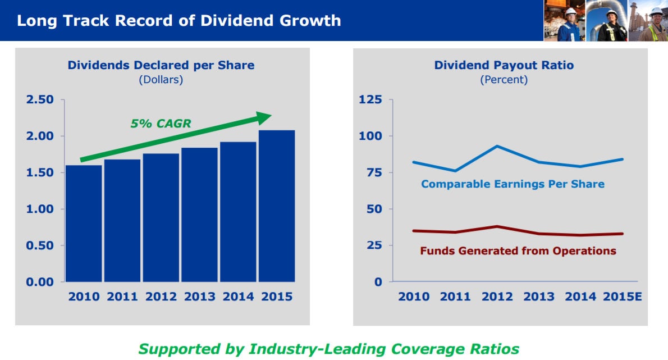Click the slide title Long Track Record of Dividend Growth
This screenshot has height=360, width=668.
point(179,21)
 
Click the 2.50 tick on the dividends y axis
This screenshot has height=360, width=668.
point(39,100)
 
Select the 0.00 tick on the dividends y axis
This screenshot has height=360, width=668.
point(39,282)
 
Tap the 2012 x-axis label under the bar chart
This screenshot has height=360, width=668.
point(161,297)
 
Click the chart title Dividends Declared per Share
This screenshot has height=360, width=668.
point(161,65)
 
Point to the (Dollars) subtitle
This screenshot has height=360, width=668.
point(161,80)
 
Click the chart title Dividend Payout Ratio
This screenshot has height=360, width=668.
point(504,65)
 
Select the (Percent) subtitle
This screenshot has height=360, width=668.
point(504,80)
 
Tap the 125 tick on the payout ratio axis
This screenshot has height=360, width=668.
point(370,100)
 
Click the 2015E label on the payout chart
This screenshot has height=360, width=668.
point(622,297)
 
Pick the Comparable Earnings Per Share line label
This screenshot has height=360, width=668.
point(513,184)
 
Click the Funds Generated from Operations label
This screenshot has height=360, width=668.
point(518,251)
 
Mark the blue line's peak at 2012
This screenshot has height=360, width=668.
point(497,146)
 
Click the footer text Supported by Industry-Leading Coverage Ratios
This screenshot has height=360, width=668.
point(328,349)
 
